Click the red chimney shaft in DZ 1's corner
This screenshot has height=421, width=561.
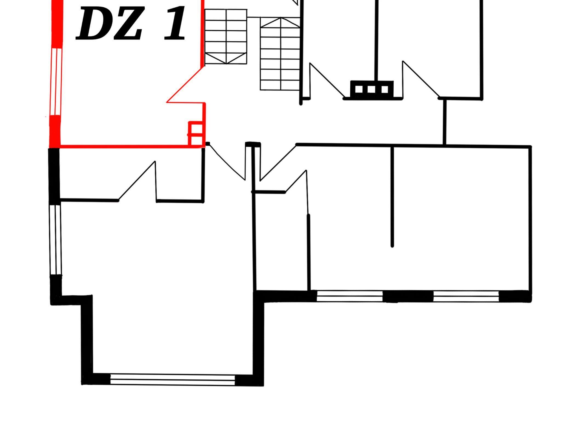(x=196, y=134)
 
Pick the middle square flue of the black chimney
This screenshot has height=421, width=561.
(x=371, y=89)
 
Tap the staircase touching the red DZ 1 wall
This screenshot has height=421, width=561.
(x=226, y=37)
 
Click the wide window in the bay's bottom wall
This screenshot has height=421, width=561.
(x=173, y=380)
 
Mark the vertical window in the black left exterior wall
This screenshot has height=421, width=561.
(x=56, y=240)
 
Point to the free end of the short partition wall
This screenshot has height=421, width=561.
(x=392, y=246)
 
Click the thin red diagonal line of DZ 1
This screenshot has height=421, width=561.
(x=185, y=85)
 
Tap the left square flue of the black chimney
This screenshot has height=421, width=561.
(x=359, y=89)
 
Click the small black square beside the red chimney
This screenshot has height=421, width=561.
(x=208, y=144)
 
